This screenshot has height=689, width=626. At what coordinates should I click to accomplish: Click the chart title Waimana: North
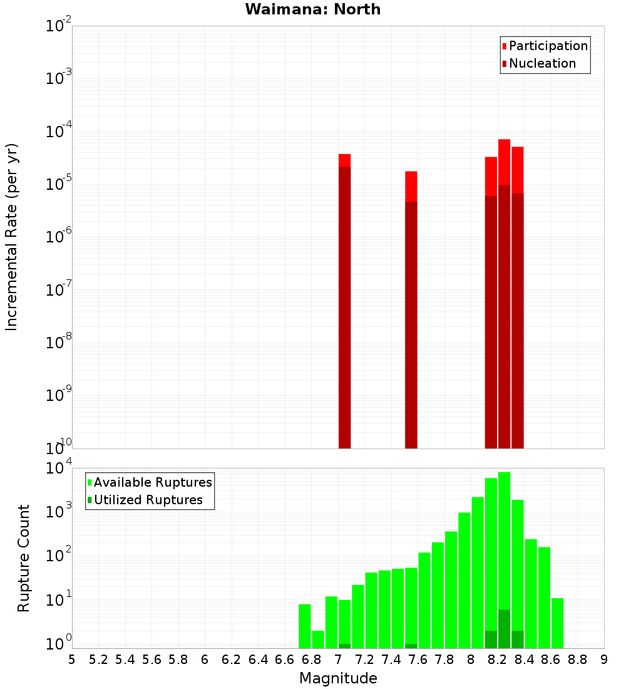click(x=313, y=9)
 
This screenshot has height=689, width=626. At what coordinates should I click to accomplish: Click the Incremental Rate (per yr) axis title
click(x=12, y=237)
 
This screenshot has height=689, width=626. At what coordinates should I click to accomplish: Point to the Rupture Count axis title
click(x=24, y=557)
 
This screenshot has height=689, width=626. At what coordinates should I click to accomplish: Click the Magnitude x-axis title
click(x=338, y=678)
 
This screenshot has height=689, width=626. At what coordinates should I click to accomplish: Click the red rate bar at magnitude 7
click(x=344, y=301)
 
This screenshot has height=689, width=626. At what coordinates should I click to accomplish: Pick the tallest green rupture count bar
click(x=504, y=557)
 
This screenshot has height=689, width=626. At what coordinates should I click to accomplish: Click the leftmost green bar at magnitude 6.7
click(x=305, y=626)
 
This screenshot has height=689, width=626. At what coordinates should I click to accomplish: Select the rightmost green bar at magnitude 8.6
click(x=557, y=623)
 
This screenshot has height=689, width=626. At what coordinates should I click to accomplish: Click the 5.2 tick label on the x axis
click(x=98, y=660)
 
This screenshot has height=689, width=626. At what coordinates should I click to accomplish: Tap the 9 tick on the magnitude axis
click(x=604, y=660)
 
